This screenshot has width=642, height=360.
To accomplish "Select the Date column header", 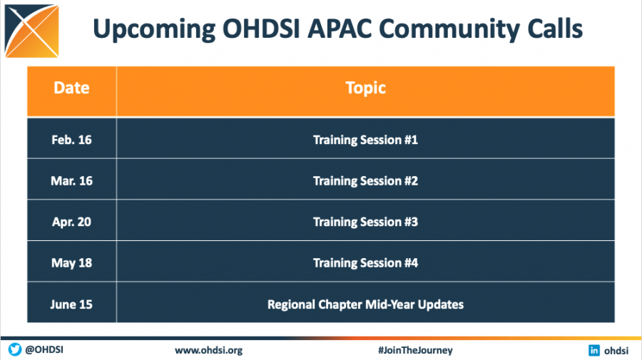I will [71, 88].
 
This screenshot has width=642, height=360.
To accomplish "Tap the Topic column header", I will [365, 88].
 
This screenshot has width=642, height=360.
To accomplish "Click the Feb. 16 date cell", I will [71, 140].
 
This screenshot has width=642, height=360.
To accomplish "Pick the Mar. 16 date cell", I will [71, 181].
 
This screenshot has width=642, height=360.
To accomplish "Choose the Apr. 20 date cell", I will [71, 222].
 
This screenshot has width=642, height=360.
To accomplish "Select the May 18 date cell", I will [71, 263].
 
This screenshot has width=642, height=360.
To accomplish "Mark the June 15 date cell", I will [71, 304].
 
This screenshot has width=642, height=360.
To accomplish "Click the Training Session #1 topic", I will [365, 140].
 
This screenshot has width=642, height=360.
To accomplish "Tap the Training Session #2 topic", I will [365, 181].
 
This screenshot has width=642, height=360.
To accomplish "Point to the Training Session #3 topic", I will [365, 222].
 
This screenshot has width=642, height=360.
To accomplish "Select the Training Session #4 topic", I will [365, 263].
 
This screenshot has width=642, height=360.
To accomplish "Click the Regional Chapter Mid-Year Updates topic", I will [365, 304].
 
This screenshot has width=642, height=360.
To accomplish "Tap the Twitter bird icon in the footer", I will [14, 350].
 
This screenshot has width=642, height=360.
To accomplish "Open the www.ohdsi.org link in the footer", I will [209, 350].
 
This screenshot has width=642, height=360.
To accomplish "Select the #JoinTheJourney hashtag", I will [415, 350].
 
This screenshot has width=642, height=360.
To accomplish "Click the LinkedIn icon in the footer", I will [593, 350].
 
